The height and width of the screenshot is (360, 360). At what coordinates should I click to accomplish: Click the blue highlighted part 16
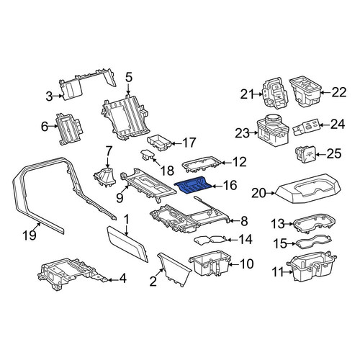(x=193, y=185)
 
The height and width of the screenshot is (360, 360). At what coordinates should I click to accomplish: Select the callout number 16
(x=230, y=185)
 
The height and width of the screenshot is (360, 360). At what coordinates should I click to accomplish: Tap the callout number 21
(x=247, y=94)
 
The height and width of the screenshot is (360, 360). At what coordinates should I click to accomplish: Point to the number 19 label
(x=30, y=235)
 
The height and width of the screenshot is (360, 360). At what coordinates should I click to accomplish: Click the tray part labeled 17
(x=159, y=143)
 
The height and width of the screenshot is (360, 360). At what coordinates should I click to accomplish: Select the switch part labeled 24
(x=305, y=127)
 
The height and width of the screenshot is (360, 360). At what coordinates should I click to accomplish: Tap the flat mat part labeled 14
(x=210, y=240)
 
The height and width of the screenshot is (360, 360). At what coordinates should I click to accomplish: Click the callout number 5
(x=129, y=78)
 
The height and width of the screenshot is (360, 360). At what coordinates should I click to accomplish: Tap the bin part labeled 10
(x=210, y=263)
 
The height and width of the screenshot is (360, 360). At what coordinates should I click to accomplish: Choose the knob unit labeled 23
(x=273, y=130)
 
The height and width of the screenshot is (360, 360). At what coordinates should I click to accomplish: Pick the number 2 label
(x=153, y=282)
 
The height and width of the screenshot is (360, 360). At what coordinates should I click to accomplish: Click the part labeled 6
(x=70, y=129)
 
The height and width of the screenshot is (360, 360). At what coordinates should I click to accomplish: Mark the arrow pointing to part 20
(x=271, y=193)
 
